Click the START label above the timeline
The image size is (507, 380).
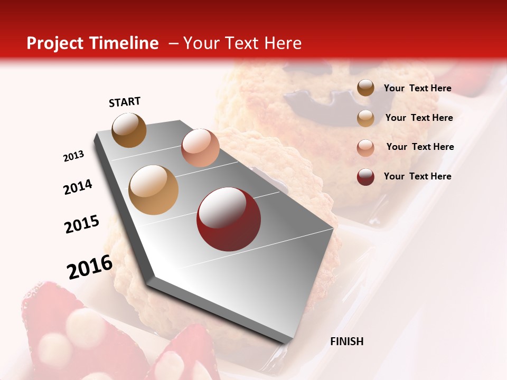tap(125, 102)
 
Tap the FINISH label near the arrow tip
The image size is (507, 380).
tap(346, 341)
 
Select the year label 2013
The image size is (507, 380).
tap(74, 156)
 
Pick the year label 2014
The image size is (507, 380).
tap(78, 187)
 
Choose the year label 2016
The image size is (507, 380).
tap(90, 267)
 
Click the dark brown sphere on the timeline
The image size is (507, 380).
tap(129, 130)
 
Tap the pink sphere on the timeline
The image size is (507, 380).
tap(200, 147)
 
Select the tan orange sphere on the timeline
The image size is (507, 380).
tap(154, 190)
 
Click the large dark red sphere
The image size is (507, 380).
tap(229, 219)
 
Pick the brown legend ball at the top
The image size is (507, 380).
tap(365, 88)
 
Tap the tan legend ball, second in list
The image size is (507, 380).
tap(365, 118)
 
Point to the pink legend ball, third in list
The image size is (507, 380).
tap(365, 147)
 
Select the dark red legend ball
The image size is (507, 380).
tap(365, 177)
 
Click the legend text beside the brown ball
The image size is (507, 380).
tap(417, 89)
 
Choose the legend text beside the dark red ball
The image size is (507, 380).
tap(417, 176)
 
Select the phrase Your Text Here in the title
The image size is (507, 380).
tap(242, 43)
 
